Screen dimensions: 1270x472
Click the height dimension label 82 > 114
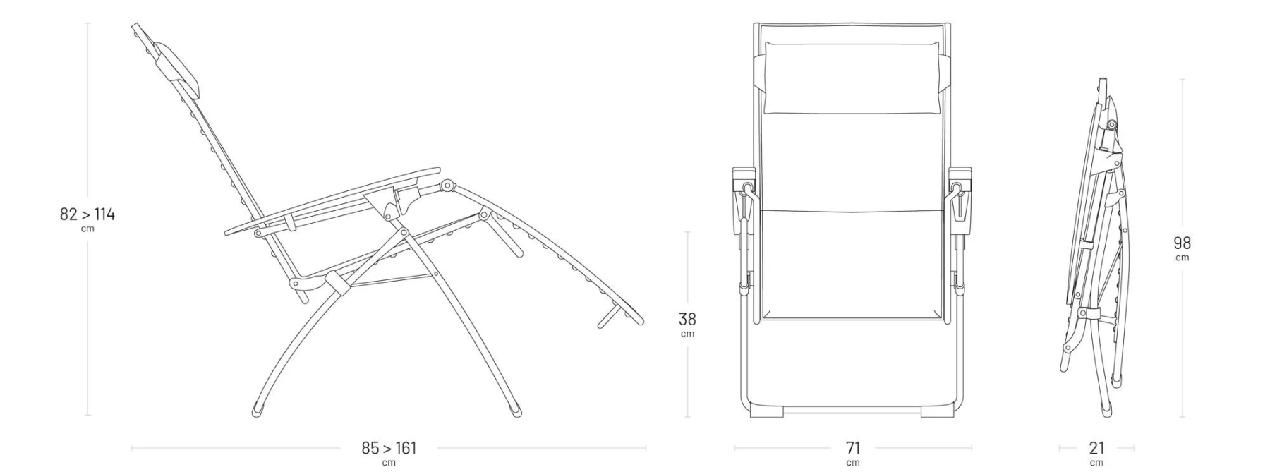87,214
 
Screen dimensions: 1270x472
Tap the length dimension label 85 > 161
389,448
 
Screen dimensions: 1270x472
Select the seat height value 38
687,320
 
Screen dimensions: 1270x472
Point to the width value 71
852,448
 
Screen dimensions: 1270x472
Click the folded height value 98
1182,243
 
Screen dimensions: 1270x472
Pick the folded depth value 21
1096,448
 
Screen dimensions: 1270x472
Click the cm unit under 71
852,463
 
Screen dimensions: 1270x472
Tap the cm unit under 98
1182,258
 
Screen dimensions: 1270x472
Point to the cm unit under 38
687,334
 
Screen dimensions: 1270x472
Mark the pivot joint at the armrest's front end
446,186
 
